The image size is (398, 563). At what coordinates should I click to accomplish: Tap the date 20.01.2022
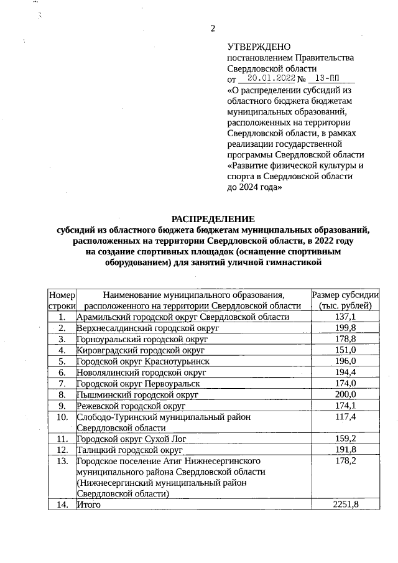271,79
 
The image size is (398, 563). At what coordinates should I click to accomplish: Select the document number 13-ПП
328,79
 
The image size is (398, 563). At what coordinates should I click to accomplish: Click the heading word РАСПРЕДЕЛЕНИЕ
213,218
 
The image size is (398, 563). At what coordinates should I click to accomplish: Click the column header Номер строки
62,300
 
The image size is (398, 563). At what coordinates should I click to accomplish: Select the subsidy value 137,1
345,317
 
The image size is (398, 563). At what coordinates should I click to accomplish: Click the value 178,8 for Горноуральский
345,339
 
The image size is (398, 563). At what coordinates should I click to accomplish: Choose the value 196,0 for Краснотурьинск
345,361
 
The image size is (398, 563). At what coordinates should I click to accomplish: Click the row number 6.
62,372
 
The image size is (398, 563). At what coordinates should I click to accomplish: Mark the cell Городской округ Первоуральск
138,383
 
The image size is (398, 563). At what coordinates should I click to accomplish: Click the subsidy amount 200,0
345,394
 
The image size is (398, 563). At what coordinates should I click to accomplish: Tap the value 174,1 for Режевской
345,406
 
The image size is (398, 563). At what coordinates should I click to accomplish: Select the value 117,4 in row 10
345,417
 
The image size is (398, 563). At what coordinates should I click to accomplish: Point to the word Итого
88,505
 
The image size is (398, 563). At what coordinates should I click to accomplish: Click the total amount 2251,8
346,505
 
